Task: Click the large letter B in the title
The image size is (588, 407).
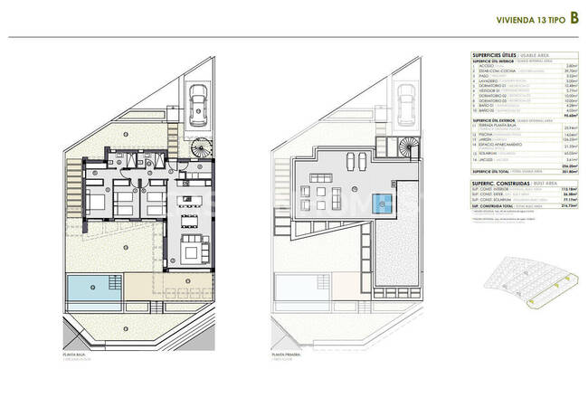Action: (x=573, y=17)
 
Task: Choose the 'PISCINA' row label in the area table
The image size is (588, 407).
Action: (x=487, y=134)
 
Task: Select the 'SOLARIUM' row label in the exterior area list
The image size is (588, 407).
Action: (x=489, y=155)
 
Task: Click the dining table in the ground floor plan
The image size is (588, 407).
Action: (x=190, y=219)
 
